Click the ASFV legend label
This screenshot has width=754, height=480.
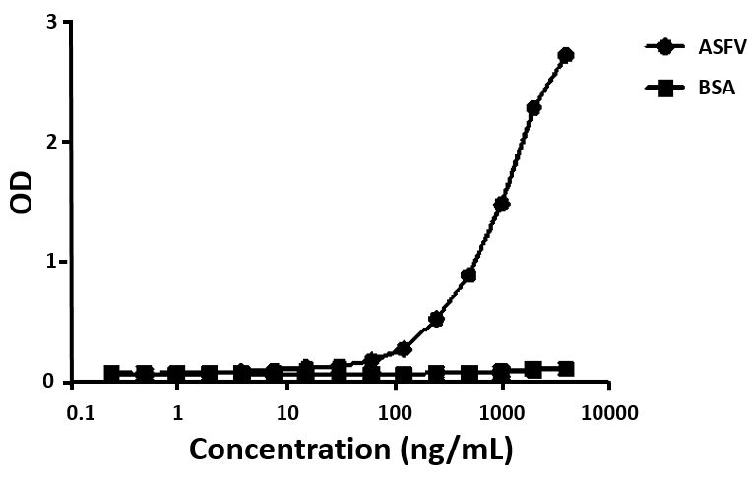[x=702, y=46]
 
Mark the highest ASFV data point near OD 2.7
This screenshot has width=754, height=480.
[x=566, y=55]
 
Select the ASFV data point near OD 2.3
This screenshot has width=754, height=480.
[x=534, y=108]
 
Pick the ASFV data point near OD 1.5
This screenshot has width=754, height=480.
[x=501, y=204]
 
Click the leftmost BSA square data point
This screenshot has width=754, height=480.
[x=112, y=374]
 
